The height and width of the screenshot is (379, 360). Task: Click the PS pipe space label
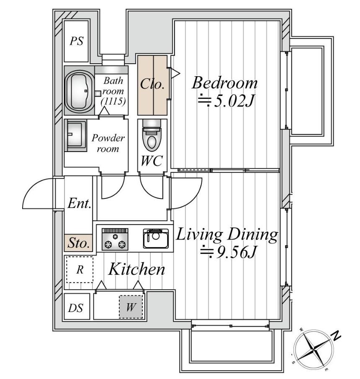coord(77,41)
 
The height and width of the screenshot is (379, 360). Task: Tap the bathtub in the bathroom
coord(79,90)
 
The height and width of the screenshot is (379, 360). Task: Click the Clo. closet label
coord(152,84)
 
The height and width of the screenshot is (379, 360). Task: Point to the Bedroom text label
coord(224,83)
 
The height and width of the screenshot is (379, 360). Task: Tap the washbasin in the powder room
coord(76,135)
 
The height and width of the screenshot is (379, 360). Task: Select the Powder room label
coord(108,143)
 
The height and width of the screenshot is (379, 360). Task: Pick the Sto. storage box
coord(78,243)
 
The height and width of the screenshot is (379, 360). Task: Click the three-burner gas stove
coord(115,239)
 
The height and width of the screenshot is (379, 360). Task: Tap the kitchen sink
coord(156,239)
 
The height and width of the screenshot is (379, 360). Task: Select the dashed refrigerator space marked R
coord(80,270)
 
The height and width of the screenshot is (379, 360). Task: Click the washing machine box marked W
coord(131,307)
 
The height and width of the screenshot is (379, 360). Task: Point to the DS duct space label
coord(76,308)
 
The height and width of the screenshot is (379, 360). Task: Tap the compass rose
coord(314,350)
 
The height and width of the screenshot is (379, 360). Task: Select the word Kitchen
coord(137,269)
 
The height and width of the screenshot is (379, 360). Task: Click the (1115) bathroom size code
coord(113,101)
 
